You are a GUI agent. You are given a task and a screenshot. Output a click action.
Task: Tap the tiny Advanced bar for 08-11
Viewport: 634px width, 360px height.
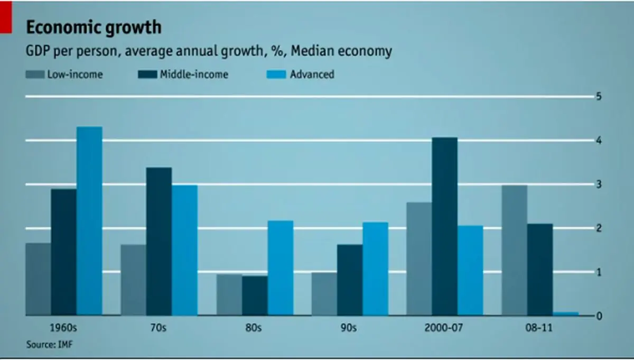coord(566,313)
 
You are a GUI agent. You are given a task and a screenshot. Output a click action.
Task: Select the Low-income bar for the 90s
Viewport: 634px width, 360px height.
coord(324,293)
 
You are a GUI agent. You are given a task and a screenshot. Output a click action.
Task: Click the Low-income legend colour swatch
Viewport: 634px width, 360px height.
coord(34,75)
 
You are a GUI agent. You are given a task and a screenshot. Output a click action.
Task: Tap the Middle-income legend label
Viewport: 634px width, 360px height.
coord(194,75)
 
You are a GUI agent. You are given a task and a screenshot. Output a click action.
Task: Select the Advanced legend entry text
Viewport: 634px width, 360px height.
coord(312,75)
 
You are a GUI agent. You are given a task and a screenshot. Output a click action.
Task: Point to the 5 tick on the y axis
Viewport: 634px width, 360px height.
coord(599,97)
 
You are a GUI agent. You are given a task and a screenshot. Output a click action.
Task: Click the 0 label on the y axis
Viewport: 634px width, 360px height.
coord(599,316)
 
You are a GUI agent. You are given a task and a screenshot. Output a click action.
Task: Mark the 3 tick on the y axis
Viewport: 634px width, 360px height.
coord(599,184)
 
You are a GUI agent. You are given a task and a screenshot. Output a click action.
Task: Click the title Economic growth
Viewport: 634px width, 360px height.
coord(94,27)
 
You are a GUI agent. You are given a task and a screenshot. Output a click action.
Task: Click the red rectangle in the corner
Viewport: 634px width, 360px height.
coord(5,17)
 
